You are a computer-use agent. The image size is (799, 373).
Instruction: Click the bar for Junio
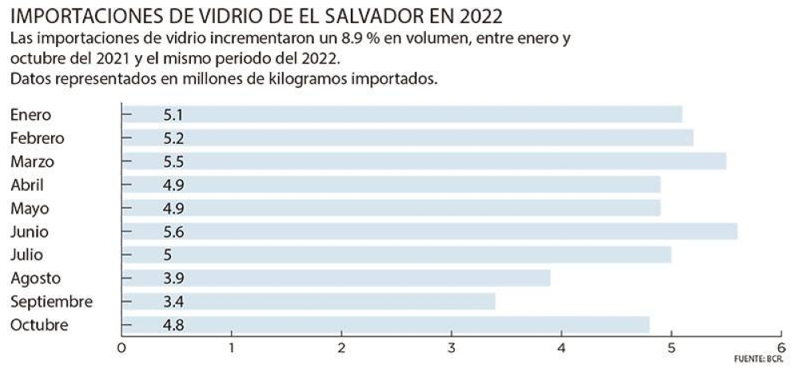coord(431,232)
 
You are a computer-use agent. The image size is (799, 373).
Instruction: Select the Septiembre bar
coord(312,302)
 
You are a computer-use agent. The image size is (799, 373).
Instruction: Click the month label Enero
coord(31,114)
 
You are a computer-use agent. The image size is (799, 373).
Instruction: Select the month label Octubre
coord(39,325)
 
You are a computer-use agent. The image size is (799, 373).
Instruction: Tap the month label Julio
coord(28,255)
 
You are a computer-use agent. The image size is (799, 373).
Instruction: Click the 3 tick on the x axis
coord(451,347)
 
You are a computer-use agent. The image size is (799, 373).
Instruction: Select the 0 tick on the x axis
coord(121,347)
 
